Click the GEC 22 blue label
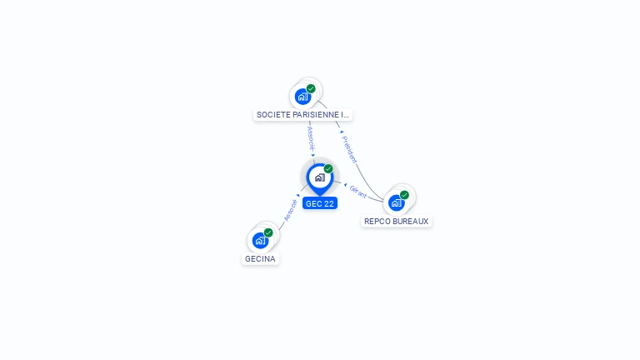click(320, 203)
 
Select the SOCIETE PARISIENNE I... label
click(303, 114)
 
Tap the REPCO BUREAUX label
click(397, 221)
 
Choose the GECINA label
click(260, 258)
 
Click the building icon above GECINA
click(260, 241)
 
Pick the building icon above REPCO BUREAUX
click(396, 202)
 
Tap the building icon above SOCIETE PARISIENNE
click(302, 97)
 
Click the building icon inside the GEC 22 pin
click(319, 177)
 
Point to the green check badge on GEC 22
click(328, 168)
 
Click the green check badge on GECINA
click(268, 232)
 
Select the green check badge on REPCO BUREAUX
click(404, 195)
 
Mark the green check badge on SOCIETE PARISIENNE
click(311, 88)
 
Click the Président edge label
click(350, 148)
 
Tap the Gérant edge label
click(358, 191)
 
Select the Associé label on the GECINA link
click(290, 210)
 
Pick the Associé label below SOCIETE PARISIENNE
click(310, 137)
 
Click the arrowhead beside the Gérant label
click(344, 185)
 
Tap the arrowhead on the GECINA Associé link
click(298, 196)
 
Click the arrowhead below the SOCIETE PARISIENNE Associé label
click(312, 155)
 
